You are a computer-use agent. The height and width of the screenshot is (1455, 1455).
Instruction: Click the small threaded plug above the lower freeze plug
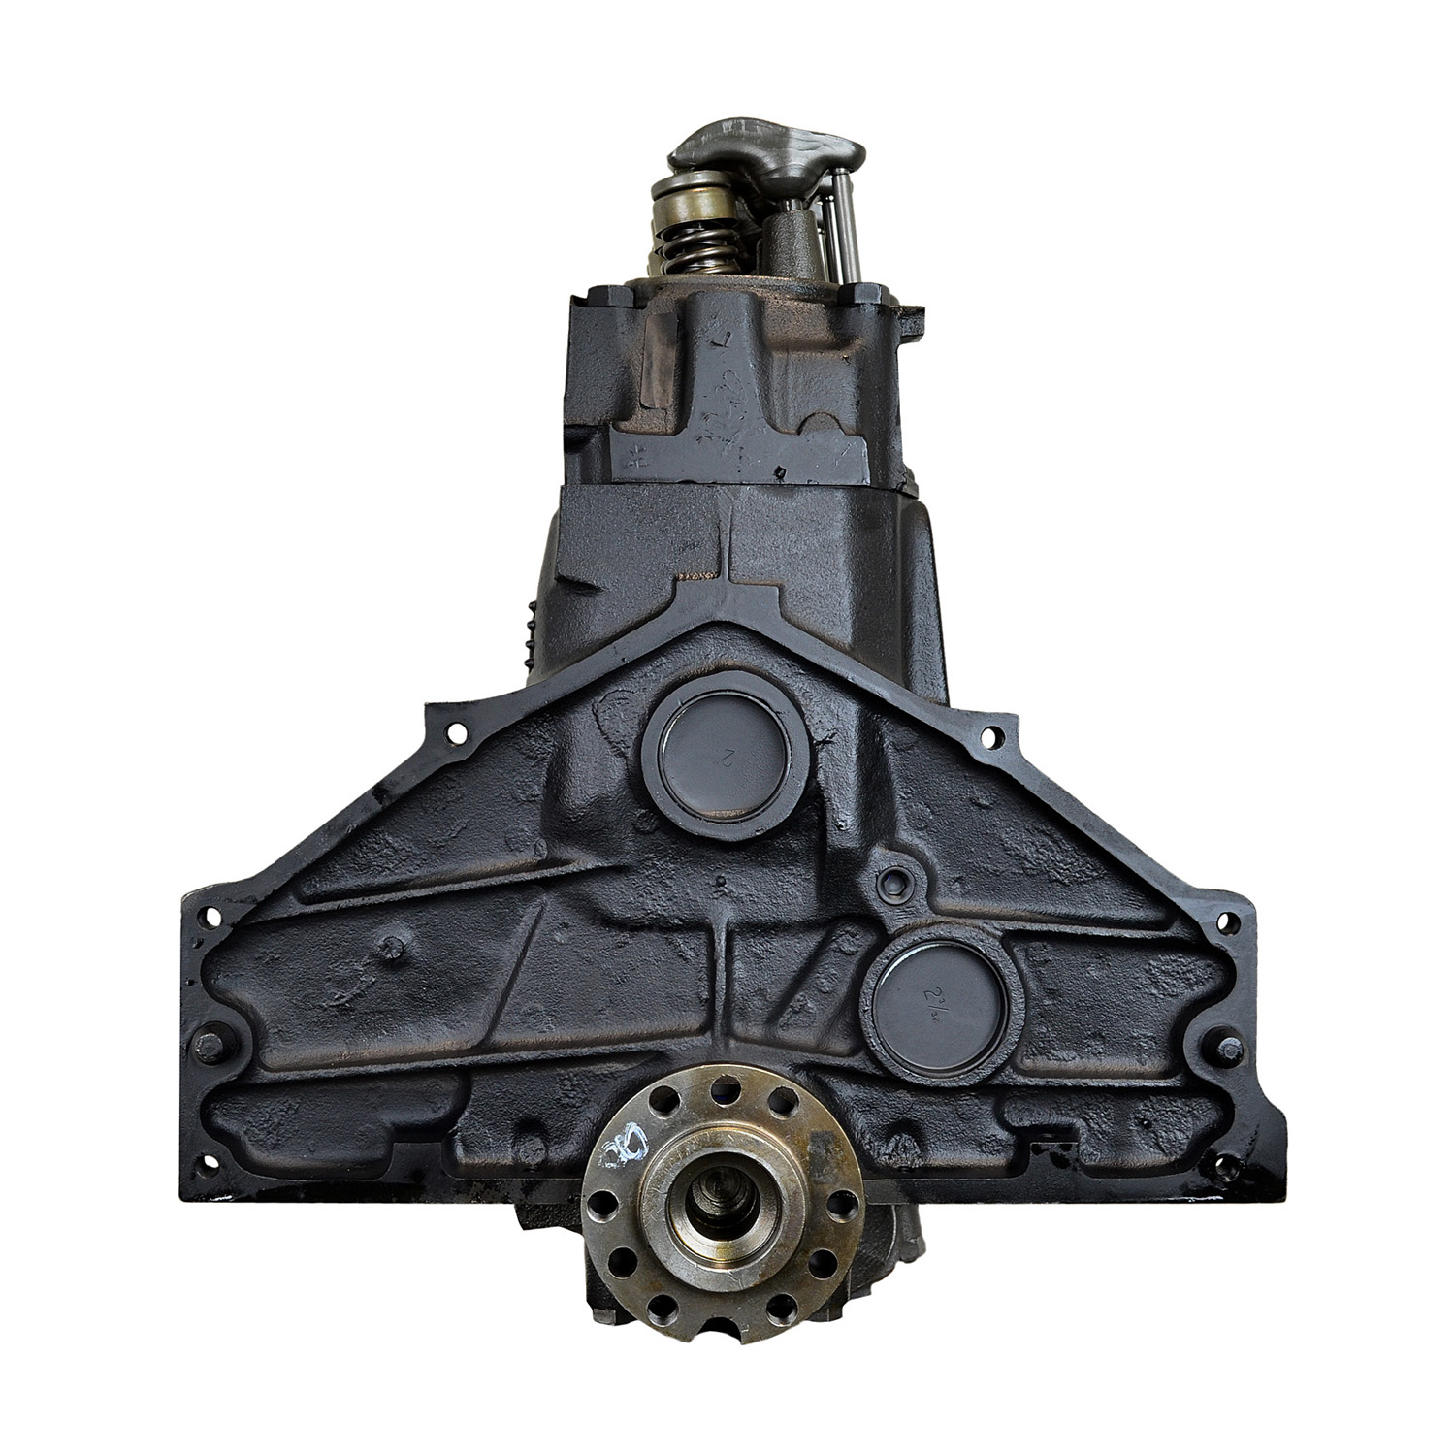coord(893,885)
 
